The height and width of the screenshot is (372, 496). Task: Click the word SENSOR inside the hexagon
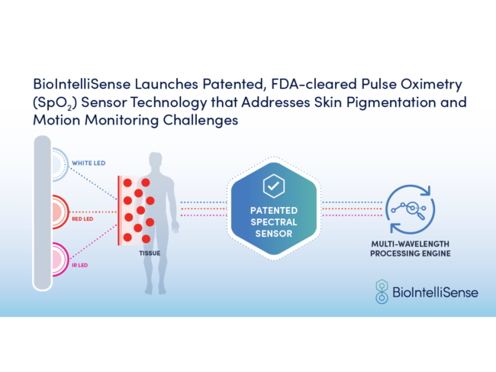273,234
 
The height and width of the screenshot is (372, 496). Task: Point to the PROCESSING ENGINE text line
411,255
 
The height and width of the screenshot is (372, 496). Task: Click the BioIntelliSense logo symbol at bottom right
382,291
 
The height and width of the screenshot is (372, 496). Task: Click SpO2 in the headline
56,102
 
